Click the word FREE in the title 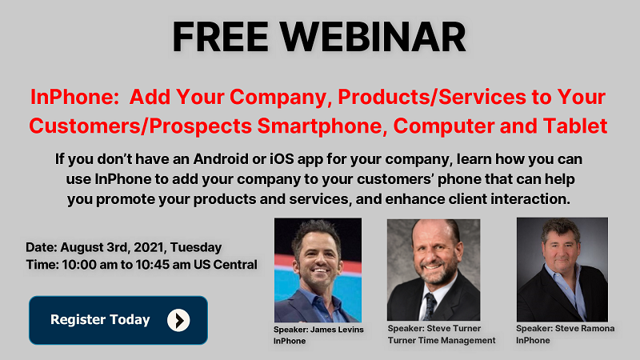point(221,37)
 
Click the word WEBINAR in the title point(372,37)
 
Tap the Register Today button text point(100,319)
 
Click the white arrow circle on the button point(178,320)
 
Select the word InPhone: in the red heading point(74,97)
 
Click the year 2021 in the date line point(149,247)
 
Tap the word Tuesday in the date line point(196,247)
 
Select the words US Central point(226,265)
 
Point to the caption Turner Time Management point(442,341)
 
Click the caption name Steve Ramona point(585,328)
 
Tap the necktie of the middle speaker point(430,306)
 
